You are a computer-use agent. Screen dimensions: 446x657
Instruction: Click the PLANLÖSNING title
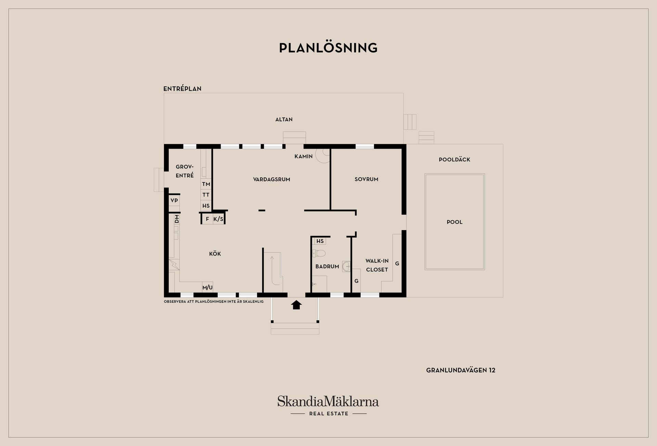[x=328, y=48]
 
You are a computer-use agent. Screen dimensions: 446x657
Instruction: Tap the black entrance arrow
[x=296, y=305]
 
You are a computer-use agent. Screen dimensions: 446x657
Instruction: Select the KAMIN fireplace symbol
[x=322, y=155]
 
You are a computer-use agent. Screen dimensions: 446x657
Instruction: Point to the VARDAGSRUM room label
[x=271, y=179]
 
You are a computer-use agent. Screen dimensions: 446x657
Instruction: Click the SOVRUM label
[x=366, y=179]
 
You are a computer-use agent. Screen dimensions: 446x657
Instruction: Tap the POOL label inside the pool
[x=454, y=222]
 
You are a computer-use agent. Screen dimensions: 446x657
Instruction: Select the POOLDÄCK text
[x=454, y=160]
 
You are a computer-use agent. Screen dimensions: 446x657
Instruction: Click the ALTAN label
[x=284, y=120]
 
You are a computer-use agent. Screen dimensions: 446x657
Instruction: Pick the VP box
[x=174, y=200]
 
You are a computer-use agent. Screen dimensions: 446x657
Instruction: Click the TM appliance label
[x=206, y=184]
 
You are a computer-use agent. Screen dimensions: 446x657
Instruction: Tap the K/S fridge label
[x=218, y=219]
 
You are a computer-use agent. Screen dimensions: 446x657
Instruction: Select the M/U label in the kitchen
[x=207, y=287]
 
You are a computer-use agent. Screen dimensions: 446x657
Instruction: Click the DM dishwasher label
[x=177, y=219]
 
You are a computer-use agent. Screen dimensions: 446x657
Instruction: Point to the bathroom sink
[x=346, y=266]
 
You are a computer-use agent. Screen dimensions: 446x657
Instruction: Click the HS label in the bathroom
[x=320, y=241]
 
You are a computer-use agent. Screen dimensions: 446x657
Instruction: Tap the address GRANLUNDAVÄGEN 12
[x=461, y=370]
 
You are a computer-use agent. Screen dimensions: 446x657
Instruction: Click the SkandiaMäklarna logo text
[x=328, y=401]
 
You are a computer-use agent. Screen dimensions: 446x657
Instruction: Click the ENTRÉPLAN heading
[x=182, y=89]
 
